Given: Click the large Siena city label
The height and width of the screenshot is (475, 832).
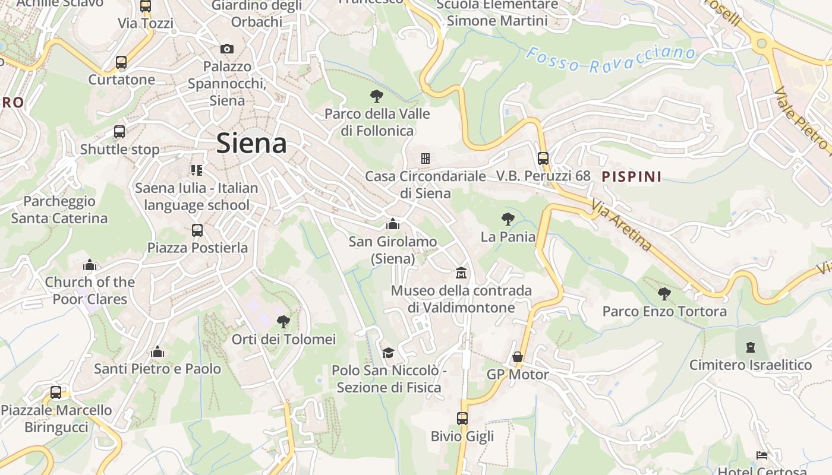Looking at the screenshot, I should (x=251, y=143).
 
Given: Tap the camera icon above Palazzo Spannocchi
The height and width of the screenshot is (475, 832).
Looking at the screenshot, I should (x=226, y=49).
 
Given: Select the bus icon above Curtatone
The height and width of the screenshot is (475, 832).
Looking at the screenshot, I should (x=121, y=62).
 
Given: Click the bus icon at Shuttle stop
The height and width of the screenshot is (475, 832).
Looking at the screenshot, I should (x=119, y=132).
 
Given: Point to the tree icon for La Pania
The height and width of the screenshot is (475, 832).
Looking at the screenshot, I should (x=508, y=219).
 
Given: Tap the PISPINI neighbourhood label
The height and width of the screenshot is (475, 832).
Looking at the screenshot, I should (x=631, y=176).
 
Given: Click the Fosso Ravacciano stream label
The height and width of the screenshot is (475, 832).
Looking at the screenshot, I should (x=610, y=59).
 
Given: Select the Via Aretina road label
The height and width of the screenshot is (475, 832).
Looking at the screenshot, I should (x=622, y=225).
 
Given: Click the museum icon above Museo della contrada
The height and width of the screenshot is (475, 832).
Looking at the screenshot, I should (x=461, y=273).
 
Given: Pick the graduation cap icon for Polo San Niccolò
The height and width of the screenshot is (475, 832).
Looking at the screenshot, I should (x=388, y=353).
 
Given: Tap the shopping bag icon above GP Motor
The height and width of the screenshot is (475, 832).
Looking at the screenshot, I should (x=518, y=357).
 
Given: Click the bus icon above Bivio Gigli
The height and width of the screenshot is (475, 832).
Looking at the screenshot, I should (x=462, y=419).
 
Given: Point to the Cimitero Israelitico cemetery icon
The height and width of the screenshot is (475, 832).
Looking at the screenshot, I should (x=750, y=347).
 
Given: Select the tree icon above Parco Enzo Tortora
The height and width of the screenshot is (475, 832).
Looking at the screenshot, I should (x=664, y=293).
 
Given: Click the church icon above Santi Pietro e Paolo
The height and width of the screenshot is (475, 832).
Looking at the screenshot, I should (x=157, y=351).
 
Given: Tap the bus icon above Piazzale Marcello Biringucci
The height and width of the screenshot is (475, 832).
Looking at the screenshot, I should (x=56, y=392).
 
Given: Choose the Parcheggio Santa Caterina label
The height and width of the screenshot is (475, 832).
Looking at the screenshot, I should (x=59, y=210).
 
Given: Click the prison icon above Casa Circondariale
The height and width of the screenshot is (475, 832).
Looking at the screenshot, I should (x=425, y=159).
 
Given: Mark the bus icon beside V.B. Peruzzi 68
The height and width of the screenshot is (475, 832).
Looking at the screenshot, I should (x=543, y=159).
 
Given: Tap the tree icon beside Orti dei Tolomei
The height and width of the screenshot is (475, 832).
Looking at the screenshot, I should (x=283, y=322).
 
